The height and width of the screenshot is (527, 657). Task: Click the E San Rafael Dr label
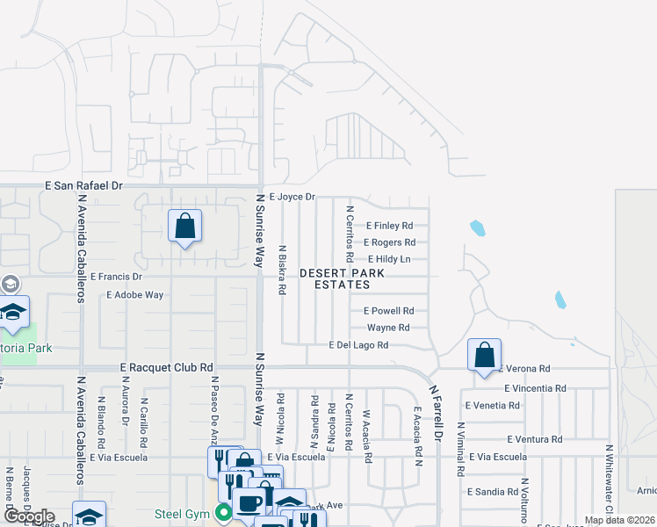84,186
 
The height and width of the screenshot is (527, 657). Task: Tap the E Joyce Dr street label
292,197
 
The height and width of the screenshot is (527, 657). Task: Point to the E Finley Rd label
389,226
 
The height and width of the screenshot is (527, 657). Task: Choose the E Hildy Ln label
387,259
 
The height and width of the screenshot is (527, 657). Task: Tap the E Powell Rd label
388,311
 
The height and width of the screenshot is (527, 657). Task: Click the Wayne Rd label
388,328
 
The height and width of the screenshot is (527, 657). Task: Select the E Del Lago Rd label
358,345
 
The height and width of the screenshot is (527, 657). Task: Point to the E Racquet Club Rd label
167,368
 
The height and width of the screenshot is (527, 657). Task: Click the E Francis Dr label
116,276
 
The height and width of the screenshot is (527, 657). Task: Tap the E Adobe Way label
134,295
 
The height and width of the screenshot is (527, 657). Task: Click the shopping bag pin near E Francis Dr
184,227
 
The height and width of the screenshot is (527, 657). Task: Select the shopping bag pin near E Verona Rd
484,356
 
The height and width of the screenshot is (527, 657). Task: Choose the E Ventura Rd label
534,439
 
